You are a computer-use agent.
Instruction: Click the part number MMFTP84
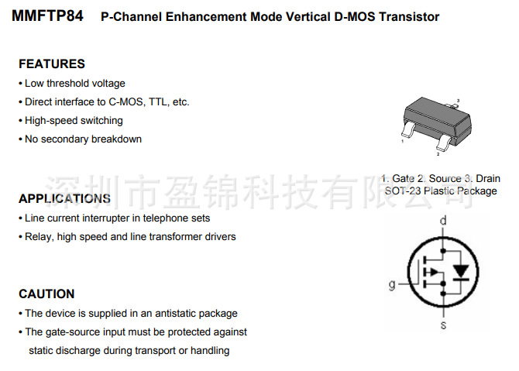pyautogui.click(x=47, y=16)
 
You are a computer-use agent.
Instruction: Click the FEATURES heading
pyautogui.click(x=52, y=64)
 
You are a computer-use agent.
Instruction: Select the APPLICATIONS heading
pyautogui.click(x=64, y=198)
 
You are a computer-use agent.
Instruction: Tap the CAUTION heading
pyautogui.click(x=46, y=294)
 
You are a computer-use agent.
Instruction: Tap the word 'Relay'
pyautogui.click(x=38, y=237)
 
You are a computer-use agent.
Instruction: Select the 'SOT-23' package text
pyautogui.click(x=402, y=191)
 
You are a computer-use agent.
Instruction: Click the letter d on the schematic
pyautogui.click(x=443, y=221)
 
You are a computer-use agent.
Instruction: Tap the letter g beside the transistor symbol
pyautogui.click(x=392, y=285)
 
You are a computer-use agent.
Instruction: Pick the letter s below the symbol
pyautogui.click(x=443, y=326)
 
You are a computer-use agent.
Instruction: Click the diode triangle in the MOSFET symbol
pyautogui.click(x=462, y=271)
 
